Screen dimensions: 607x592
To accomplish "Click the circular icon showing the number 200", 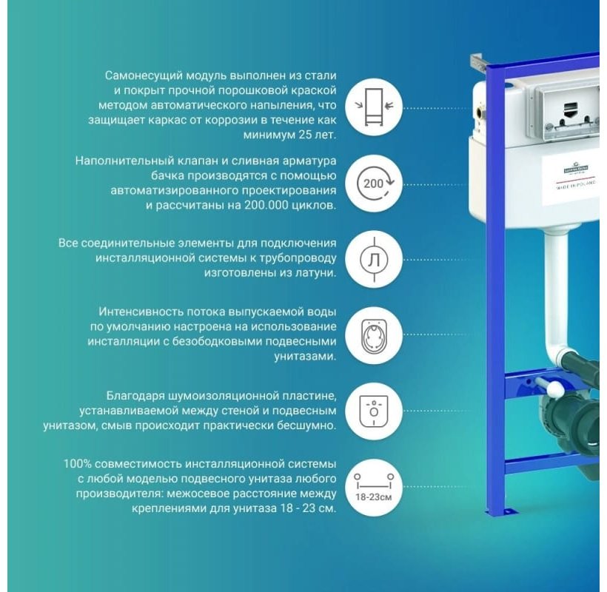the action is click(374, 184).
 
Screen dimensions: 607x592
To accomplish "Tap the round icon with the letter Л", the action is click(374, 260).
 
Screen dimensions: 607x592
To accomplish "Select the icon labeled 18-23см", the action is click(374, 487).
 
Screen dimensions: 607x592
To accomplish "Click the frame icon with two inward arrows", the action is click(374, 107).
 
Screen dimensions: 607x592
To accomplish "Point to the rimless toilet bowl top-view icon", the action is click(374, 335).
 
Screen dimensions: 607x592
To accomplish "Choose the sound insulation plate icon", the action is click(374, 411).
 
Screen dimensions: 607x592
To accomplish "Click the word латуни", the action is click(315, 273).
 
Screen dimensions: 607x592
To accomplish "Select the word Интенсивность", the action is click(141, 312).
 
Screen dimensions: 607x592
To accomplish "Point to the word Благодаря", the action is click(136, 396).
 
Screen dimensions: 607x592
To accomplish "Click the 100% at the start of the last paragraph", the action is click(77, 463).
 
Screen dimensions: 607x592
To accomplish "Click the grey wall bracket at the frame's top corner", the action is click(478, 64).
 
